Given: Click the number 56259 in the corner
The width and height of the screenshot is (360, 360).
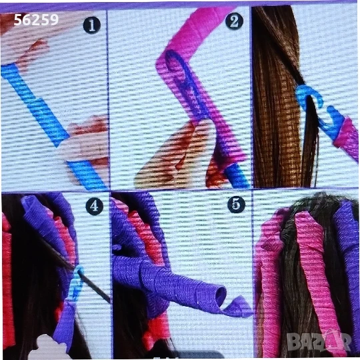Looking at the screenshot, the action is [36, 20].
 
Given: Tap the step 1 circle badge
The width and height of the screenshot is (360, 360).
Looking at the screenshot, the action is [92, 25].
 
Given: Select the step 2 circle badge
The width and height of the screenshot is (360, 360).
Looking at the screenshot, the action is [234, 21].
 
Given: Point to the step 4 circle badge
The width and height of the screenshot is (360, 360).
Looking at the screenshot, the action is [95, 206].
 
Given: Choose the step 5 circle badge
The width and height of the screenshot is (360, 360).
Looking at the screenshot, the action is [236, 204].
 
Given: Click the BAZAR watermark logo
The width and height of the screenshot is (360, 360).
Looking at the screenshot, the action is [319, 341].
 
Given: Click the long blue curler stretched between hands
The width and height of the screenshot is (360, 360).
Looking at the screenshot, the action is [35, 105].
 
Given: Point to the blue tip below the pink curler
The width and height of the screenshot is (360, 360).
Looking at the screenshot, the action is [237, 175].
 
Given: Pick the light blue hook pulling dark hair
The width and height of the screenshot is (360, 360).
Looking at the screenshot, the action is [77, 283].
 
